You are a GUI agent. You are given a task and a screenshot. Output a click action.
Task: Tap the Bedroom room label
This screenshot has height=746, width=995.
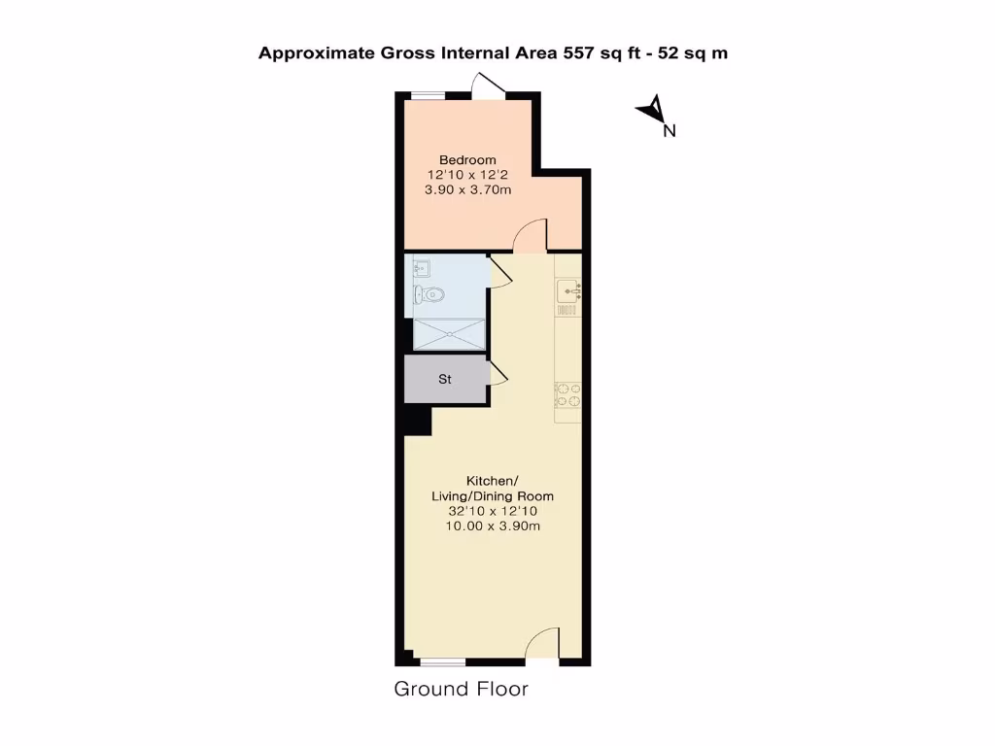point(467,160)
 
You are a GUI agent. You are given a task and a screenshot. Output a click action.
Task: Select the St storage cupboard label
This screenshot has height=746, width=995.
point(445,380)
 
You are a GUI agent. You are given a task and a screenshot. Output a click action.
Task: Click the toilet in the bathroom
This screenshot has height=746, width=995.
point(429,294)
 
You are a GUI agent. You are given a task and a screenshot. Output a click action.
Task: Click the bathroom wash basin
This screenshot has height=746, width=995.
point(422,267)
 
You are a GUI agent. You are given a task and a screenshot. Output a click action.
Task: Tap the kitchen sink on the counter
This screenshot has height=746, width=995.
point(568,289)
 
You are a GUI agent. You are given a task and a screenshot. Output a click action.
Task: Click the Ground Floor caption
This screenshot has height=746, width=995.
point(461,690)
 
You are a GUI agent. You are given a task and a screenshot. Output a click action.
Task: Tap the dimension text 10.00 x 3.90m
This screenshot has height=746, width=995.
point(492,526)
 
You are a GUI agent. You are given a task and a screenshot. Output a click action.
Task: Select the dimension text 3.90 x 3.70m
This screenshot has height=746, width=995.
point(467,191)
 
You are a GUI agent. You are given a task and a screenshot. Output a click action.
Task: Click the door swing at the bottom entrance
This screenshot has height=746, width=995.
point(544,645)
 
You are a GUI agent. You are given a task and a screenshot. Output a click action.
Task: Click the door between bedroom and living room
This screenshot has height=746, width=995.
point(532,235)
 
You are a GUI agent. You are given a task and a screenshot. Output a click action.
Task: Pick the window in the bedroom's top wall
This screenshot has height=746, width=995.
point(427,95)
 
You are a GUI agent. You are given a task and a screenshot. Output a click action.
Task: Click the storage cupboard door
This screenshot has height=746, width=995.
point(498,373)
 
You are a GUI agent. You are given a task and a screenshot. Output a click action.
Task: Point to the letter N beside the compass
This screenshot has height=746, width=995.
point(669,131)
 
